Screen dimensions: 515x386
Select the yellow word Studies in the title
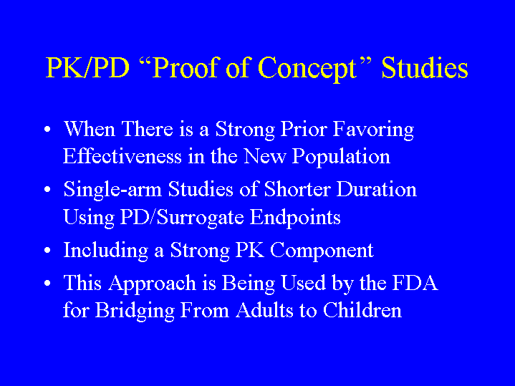(x=425, y=67)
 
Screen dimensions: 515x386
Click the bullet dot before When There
(x=47, y=130)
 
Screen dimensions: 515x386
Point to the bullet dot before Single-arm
(x=47, y=190)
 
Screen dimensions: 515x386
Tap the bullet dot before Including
(x=47, y=251)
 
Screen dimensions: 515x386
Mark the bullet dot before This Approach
(x=47, y=283)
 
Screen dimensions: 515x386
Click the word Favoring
(x=374, y=130)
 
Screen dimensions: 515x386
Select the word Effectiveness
(x=122, y=155)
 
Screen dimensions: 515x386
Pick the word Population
(x=341, y=157)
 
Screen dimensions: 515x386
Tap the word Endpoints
(x=295, y=218)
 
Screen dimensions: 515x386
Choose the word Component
(x=322, y=251)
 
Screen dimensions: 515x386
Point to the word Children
(x=362, y=310)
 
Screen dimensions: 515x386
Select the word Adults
(x=264, y=310)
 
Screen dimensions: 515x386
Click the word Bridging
(x=135, y=311)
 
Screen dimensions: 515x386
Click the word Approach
(x=152, y=284)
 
